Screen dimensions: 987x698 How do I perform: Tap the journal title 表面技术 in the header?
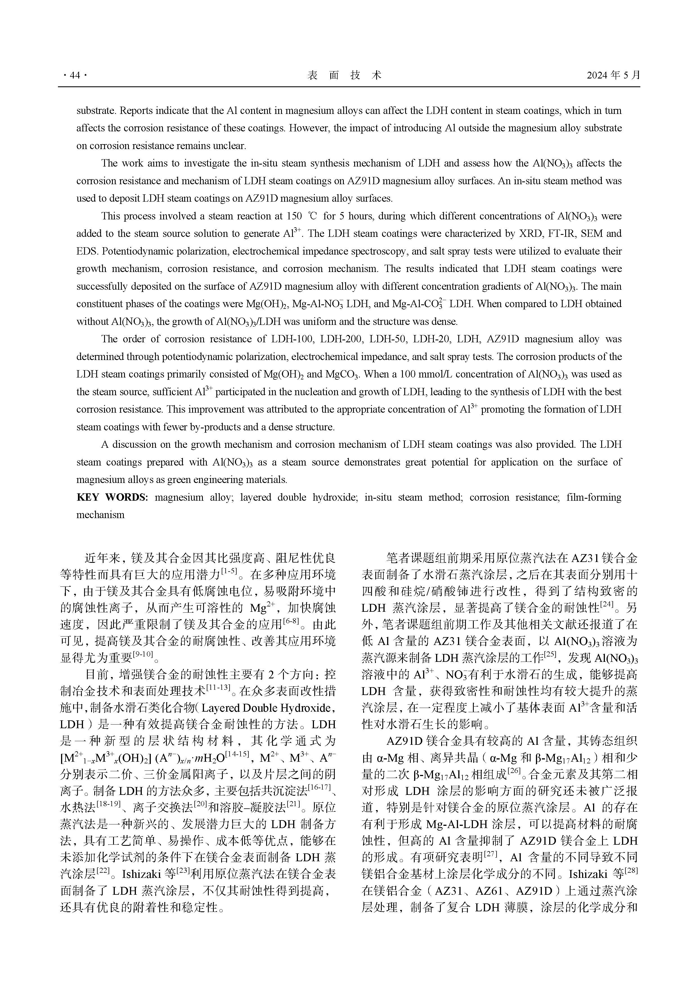pos(344,76)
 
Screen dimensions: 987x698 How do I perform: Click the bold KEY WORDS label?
pos(112,497)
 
